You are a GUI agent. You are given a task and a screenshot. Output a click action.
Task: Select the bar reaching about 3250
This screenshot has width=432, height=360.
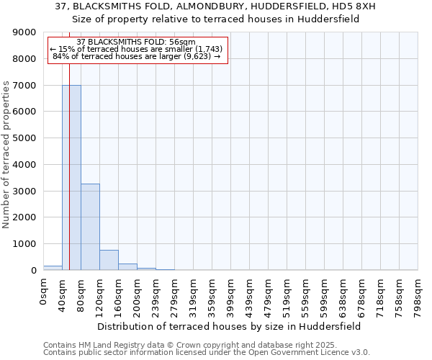[x=90, y=227]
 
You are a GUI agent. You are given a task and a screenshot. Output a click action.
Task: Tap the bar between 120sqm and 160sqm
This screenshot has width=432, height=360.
[x=109, y=260]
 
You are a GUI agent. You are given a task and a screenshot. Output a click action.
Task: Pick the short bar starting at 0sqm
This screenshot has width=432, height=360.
[x=53, y=268]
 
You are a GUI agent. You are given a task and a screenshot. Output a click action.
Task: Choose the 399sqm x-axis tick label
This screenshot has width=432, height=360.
[x=230, y=294]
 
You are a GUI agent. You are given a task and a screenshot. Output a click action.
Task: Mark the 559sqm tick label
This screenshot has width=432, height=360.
[x=305, y=294]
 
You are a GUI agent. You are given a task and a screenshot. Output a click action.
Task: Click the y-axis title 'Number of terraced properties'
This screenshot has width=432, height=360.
[x=7, y=155]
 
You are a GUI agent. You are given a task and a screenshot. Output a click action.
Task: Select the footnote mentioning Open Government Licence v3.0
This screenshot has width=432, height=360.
[x=207, y=353]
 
